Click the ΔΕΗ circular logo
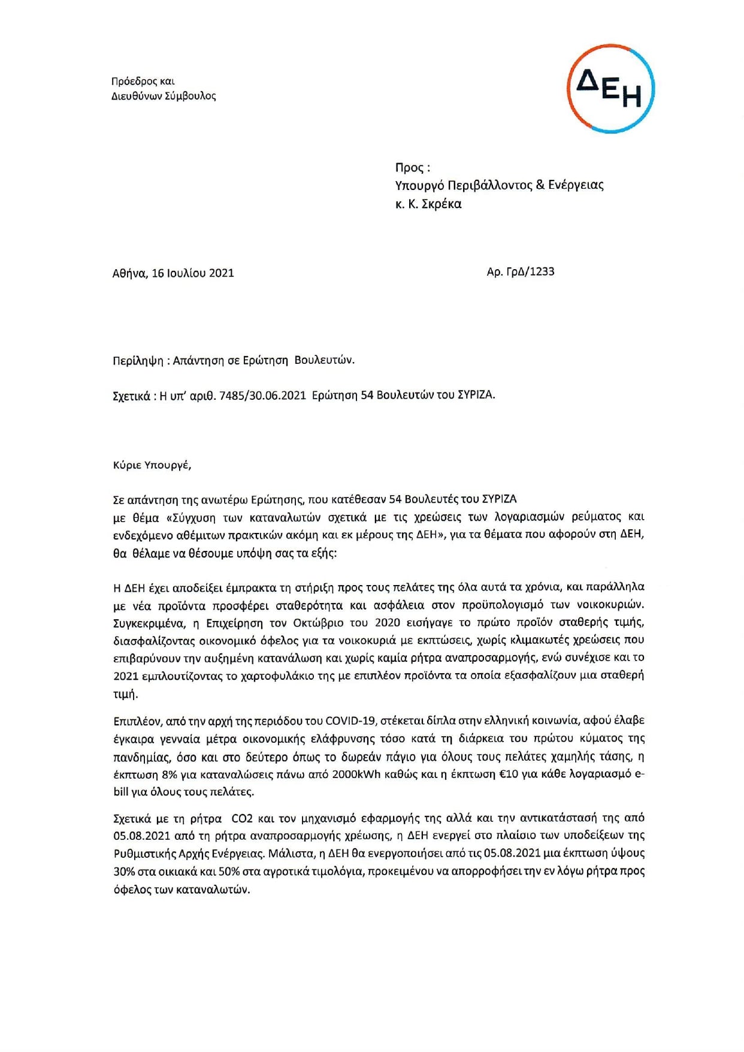pos(610,89)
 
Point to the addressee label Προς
pos(409,168)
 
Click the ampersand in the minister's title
pos(540,185)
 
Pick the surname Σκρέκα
pos(441,204)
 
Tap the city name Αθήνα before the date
pos(129,273)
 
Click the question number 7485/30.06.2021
pos(262,396)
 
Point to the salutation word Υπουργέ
pos(171,465)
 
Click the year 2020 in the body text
pos(387,623)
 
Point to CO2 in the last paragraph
pos(242,818)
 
